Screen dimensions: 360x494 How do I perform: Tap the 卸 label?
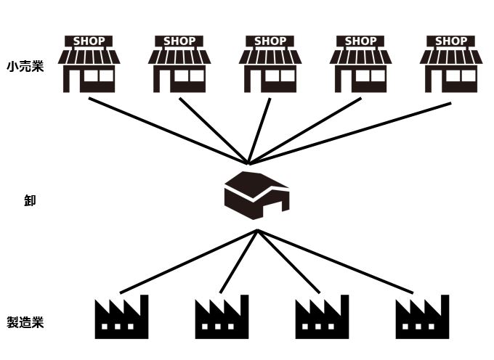(x=30, y=201)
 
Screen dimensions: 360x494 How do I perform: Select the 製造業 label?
(x=25, y=322)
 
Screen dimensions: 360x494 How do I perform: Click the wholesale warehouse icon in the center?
(x=256, y=195)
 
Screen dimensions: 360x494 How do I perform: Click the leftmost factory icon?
(x=121, y=317)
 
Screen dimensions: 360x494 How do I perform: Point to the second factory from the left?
(x=222, y=317)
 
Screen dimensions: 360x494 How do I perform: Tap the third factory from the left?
(x=322, y=317)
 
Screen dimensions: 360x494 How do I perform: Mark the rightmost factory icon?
(x=422, y=317)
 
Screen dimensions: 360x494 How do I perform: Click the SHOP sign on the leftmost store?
(x=89, y=41)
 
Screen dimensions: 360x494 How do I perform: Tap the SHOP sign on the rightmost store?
(x=451, y=41)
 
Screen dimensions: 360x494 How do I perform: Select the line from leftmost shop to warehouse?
(x=167, y=131)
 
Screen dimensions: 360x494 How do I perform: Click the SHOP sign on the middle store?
(x=270, y=41)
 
